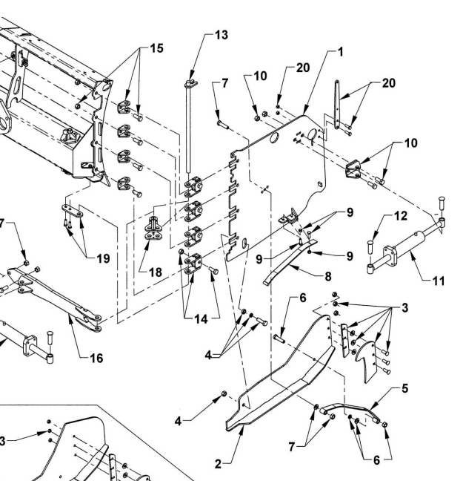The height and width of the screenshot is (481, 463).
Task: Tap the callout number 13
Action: click(221, 36)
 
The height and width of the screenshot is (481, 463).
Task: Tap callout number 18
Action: click(155, 272)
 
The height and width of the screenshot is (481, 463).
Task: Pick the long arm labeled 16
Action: click(52, 289)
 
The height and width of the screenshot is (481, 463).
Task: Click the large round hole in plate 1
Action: click(273, 138)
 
